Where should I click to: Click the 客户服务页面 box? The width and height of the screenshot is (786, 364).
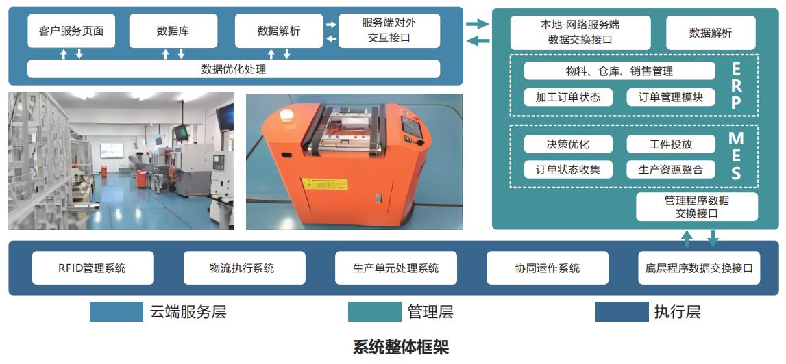(x=71, y=31)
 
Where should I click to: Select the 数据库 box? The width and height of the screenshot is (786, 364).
(x=173, y=31)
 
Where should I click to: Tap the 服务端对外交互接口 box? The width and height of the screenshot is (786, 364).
(x=389, y=31)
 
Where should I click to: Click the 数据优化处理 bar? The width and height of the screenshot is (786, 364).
(x=234, y=69)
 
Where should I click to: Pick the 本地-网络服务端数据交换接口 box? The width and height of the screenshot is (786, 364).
(x=580, y=32)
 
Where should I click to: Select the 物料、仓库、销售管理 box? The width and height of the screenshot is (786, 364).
(x=619, y=71)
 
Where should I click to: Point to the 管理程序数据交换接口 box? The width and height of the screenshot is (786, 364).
(x=696, y=207)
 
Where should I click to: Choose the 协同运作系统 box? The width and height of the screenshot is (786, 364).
(x=547, y=268)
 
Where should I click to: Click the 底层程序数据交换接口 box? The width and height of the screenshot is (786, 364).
(x=698, y=268)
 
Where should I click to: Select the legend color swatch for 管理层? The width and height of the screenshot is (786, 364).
(x=374, y=312)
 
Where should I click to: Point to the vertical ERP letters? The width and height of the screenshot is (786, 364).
(x=736, y=86)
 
